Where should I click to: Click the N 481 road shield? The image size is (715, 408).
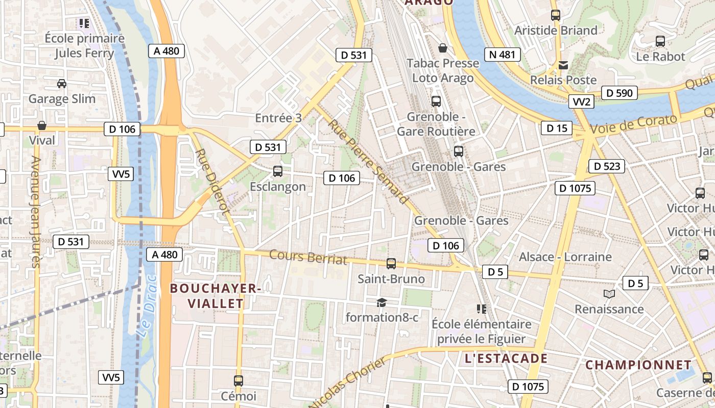(x=503, y=55)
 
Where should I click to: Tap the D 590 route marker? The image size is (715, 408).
(x=619, y=93)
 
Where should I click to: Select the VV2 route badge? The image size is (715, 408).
(x=581, y=101)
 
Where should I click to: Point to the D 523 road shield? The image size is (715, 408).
(x=606, y=166)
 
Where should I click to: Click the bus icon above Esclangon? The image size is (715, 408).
(x=278, y=171)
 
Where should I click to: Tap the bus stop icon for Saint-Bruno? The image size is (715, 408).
(x=391, y=264)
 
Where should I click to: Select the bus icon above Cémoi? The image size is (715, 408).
(x=239, y=380)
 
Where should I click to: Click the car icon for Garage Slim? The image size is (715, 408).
(x=62, y=83)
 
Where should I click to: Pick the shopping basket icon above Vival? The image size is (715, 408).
(x=42, y=125)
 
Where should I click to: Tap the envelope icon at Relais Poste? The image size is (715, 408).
(x=563, y=65)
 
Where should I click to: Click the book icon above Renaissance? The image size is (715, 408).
(x=609, y=294)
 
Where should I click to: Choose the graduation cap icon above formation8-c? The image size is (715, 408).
(x=382, y=303)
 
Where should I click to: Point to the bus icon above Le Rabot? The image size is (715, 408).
(x=660, y=41)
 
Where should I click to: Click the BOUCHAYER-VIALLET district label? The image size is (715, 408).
(x=216, y=296)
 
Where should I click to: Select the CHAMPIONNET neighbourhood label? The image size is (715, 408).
(x=638, y=365)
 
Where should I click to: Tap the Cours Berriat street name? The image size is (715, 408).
(x=308, y=257)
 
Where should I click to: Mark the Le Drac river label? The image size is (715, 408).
(x=146, y=306)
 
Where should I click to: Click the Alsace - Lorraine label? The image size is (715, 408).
(x=565, y=257)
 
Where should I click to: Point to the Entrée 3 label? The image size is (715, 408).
(x=278, y=118)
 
